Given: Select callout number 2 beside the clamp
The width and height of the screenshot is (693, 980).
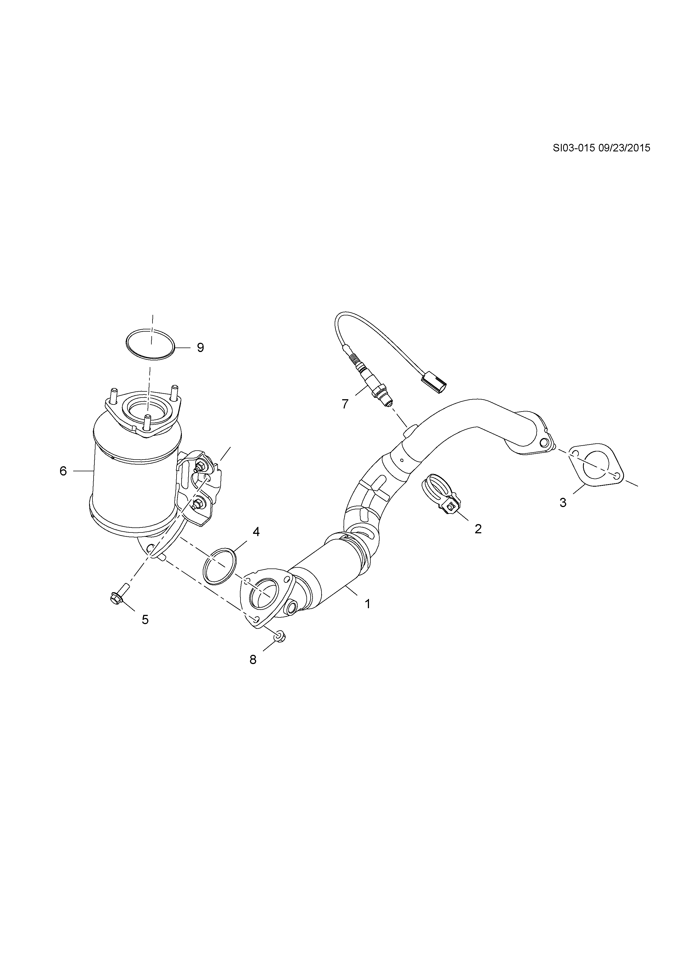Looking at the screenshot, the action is [x=478, y=529].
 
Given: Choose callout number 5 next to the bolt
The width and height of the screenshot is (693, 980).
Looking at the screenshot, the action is [x=145, y=619].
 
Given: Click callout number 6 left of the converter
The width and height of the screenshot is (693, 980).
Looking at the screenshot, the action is [x=63, y=471].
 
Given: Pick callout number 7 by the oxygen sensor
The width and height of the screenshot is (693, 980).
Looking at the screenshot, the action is [x=345, y=403].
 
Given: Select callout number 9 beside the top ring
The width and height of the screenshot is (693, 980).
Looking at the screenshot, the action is [x=200, y=348].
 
